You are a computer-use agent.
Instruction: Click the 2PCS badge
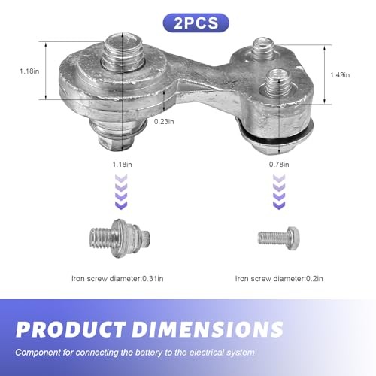coord(196,23)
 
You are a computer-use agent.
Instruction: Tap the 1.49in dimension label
coord(340,75)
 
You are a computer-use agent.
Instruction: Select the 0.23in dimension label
coord(164,122)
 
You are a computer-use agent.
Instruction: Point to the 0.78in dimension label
coord(279,165)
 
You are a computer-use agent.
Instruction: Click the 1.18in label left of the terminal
coord(29,71)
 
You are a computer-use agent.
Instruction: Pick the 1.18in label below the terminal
coord(122,165)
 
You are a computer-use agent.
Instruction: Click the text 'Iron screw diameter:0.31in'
coord(117,279)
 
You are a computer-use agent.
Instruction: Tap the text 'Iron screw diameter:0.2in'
coord(279,279)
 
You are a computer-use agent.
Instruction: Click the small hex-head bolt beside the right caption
coord(278,238)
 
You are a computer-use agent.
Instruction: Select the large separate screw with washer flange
coord(120,238)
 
